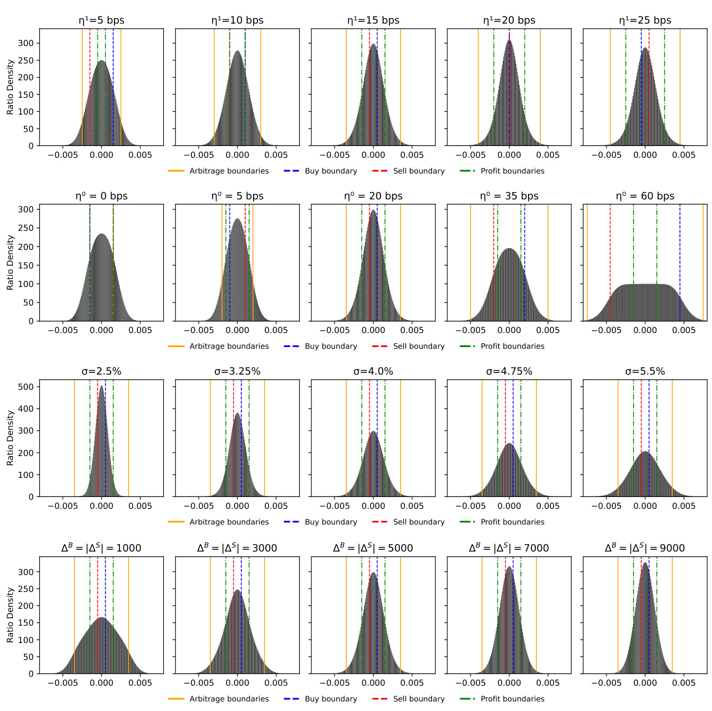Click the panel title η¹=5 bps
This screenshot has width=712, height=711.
click(x=102, y=20)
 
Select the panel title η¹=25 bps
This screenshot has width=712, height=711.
click(x=645, y=20)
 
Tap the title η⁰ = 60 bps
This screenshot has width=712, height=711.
click(x=645, y=196)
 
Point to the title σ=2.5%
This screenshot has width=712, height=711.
click(x=102, y=371)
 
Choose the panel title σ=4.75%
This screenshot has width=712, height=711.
click(x=509, y=371)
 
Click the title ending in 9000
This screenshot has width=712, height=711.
click(x=645, y=548)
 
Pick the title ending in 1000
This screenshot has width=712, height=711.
click(x=102, y=548)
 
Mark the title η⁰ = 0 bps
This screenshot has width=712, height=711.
click(x=102, y=196)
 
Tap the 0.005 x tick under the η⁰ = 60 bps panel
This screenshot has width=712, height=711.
click(x=683, y=330)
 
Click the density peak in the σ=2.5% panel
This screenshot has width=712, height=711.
click(x=102, y=386)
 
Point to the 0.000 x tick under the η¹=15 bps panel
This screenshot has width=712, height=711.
click(x=373, y=155)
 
